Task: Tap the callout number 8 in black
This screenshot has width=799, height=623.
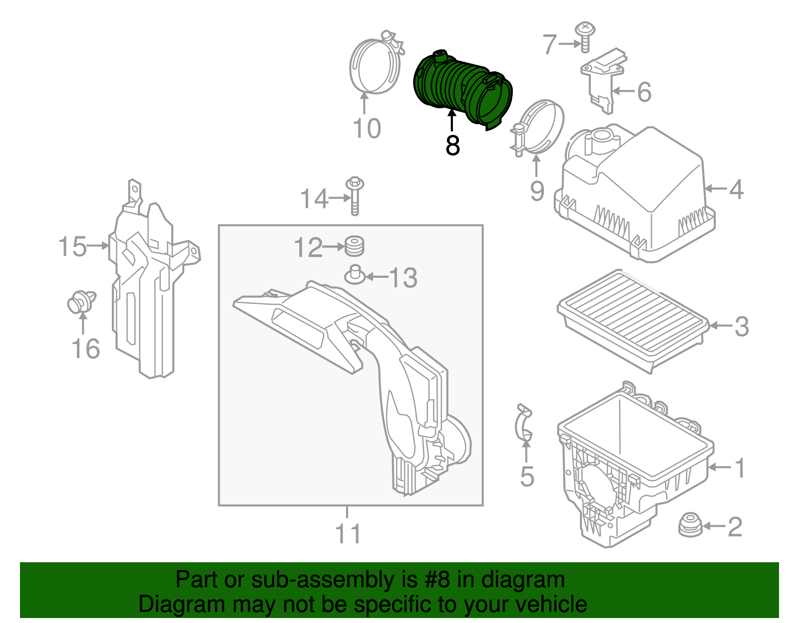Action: (x=452, y=146)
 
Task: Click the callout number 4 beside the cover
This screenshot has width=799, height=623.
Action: (x=736, y=190)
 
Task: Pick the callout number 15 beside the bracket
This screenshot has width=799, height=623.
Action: (x=72, y=246)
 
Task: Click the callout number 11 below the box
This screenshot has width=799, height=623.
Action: (x=348, y=534)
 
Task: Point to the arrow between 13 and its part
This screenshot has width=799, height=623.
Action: (x=378, y=276)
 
